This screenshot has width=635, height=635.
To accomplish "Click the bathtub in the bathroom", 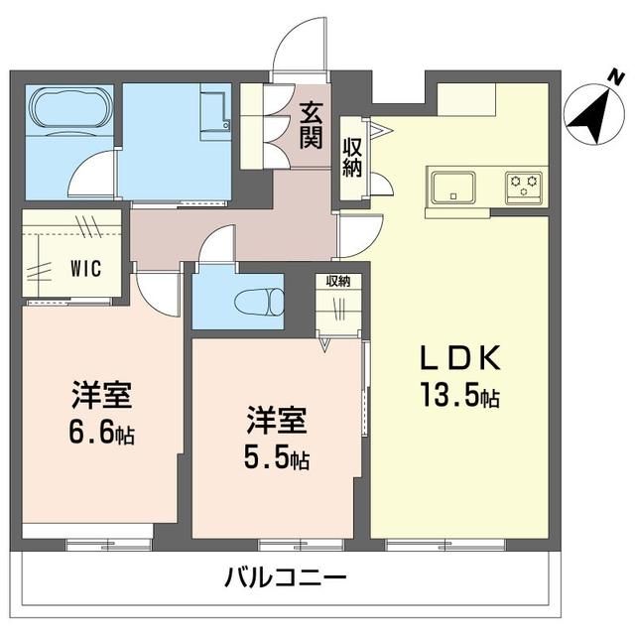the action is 69,110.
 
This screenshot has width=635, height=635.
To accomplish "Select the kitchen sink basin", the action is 452,189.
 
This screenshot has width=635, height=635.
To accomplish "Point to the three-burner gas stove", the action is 524,189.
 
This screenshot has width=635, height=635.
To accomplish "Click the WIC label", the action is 86,269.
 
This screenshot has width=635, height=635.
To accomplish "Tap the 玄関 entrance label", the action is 311,126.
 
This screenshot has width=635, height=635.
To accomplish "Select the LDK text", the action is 460,357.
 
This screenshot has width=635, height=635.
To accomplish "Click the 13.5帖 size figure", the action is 460,394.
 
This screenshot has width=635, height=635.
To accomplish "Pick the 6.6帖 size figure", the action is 101,434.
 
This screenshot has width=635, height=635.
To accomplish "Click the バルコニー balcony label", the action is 286,576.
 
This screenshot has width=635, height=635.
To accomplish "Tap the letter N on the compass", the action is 616,76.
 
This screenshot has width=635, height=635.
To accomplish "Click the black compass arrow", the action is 593,116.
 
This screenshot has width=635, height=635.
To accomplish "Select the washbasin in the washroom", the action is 215,112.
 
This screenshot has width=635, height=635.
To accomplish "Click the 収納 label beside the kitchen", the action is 352,157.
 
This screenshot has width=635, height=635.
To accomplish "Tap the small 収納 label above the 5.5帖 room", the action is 338,281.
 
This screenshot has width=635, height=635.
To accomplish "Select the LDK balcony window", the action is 445,545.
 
